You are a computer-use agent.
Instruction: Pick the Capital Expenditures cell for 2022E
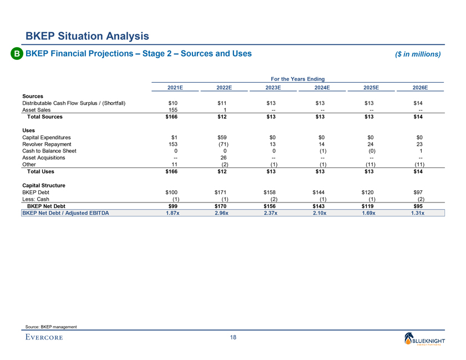pyautogui.click(x=224, y=136)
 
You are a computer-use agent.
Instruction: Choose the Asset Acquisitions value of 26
pyautogui.click(x=224, y=158)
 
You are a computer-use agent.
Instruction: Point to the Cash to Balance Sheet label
pyautogui.click(x=49, y=150)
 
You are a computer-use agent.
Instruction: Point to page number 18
pyautogui.click(x=233, y=338)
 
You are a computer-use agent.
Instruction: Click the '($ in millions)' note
pyautogui.click(x=418, y=54)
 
